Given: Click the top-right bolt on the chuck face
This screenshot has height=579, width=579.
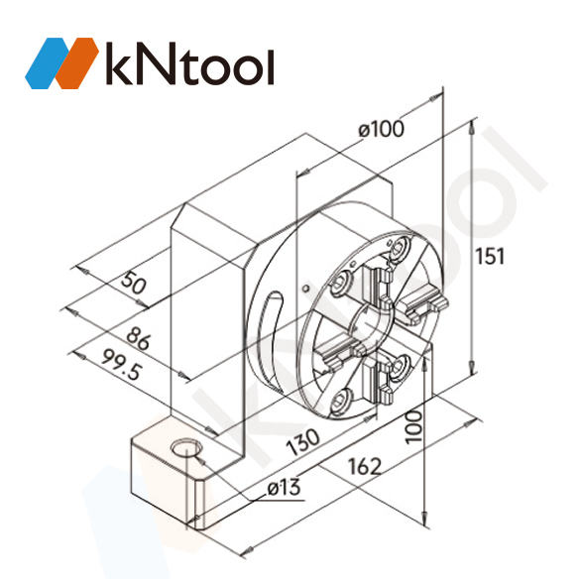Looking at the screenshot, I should click(x=402, y=247).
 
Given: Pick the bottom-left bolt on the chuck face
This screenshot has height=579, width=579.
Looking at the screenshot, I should click(x=342, y=401).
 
